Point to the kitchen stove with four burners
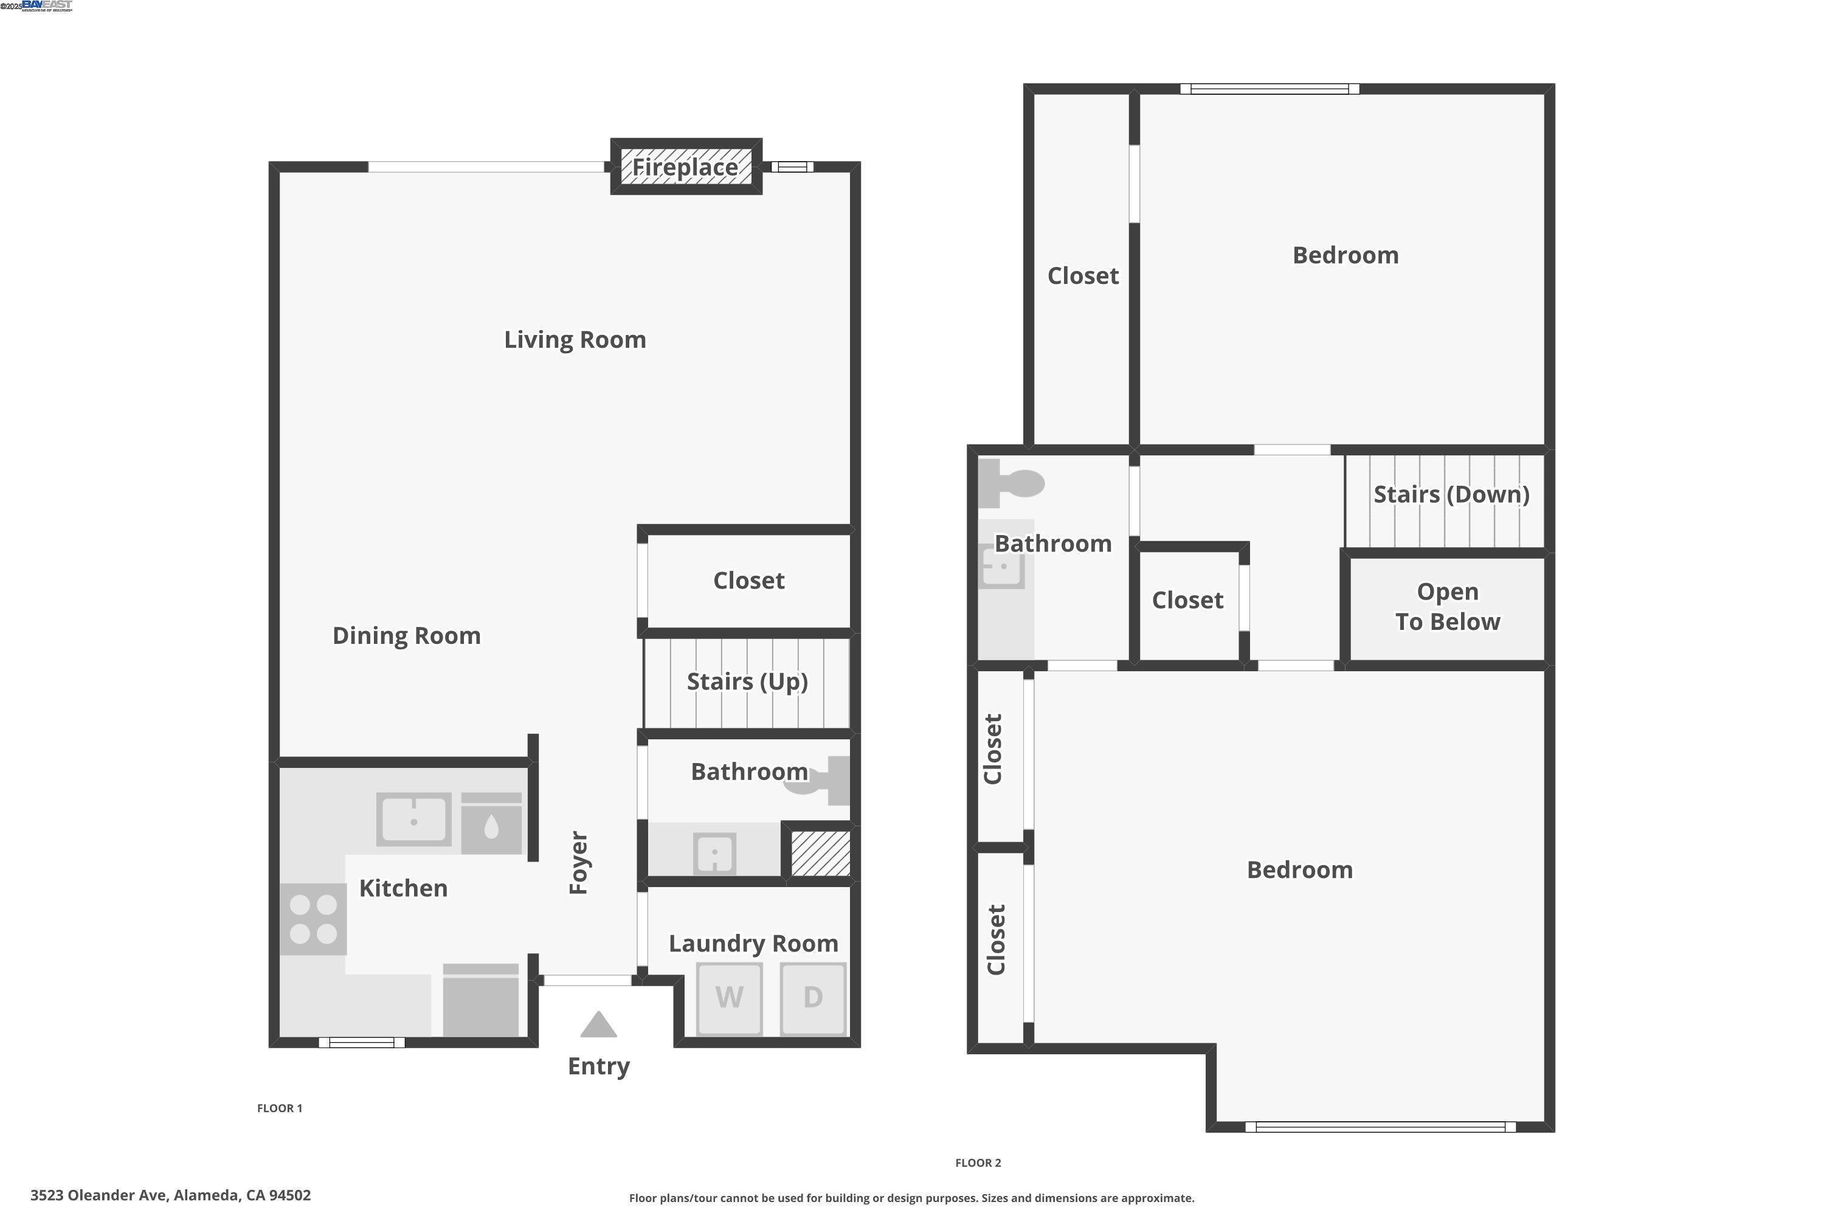(313, 918)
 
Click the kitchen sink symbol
(413, 819)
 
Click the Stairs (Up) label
(747, 681)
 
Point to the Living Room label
(575, 340)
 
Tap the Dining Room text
(406, 636)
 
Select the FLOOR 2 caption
(978, 1162)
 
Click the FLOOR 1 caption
(279, 1108)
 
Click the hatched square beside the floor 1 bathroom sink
(820, 853)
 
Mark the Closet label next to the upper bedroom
(1083, 276)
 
